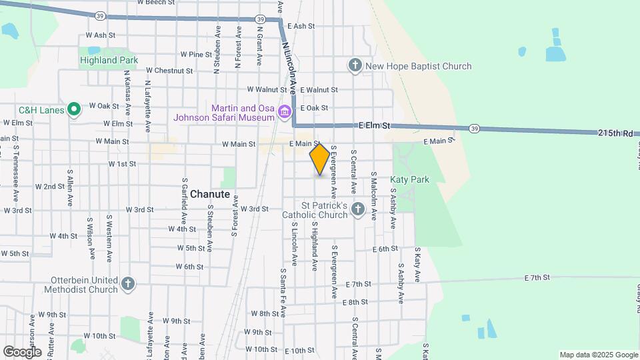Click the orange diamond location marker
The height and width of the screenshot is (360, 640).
point(319,159)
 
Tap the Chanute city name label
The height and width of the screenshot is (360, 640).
point(210,195)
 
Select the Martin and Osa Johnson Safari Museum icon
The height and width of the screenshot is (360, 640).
point(285,111)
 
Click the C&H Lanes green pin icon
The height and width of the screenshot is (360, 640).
point(75,109)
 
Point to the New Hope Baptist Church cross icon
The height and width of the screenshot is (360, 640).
point(355,65)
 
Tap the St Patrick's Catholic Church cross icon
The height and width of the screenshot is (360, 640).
point(358,210)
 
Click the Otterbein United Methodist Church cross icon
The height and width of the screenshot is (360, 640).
point(128,285)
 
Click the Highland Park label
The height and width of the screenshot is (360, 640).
point(109,60)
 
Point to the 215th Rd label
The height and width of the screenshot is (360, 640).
point(615,133)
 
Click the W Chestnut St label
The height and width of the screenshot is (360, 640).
point(169,70)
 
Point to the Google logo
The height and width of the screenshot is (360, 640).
point(22,351)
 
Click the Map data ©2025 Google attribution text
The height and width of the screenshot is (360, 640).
point(598,355)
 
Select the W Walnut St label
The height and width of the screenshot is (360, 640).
point(267,89)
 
